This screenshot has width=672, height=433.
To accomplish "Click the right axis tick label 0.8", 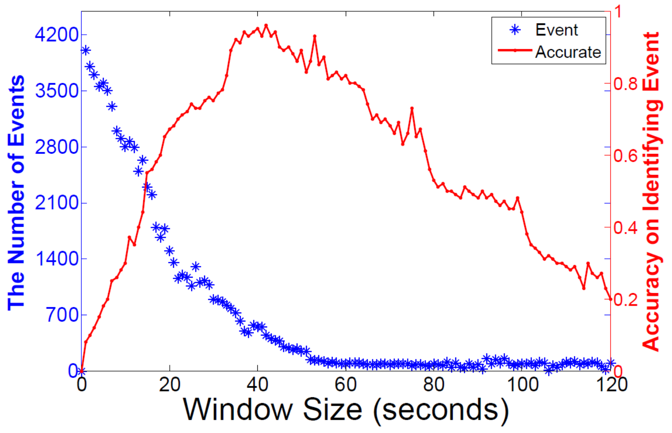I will tap(626, 84).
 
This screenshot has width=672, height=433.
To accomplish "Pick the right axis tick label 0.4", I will tap(626, 227).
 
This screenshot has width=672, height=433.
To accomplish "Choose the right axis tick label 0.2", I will tap(626, 300).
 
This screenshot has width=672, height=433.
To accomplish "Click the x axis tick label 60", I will tap(345, 384).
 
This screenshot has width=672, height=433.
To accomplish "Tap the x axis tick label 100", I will tap(522, 384).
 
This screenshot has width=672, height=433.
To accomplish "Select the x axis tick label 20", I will tap(169, 384).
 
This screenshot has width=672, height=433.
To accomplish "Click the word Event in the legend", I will tap(556, 30).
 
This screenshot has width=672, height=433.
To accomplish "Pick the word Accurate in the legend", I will tap(568, 52).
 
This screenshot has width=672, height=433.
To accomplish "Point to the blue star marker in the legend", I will tap(515, 30).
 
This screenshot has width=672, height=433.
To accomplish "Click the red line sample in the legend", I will tap(515, 51).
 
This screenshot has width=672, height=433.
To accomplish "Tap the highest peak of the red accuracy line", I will tap(266, 25).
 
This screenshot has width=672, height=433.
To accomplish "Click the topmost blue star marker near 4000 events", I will tap(85, 51).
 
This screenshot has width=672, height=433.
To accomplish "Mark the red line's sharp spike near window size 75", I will tap(412, 108).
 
